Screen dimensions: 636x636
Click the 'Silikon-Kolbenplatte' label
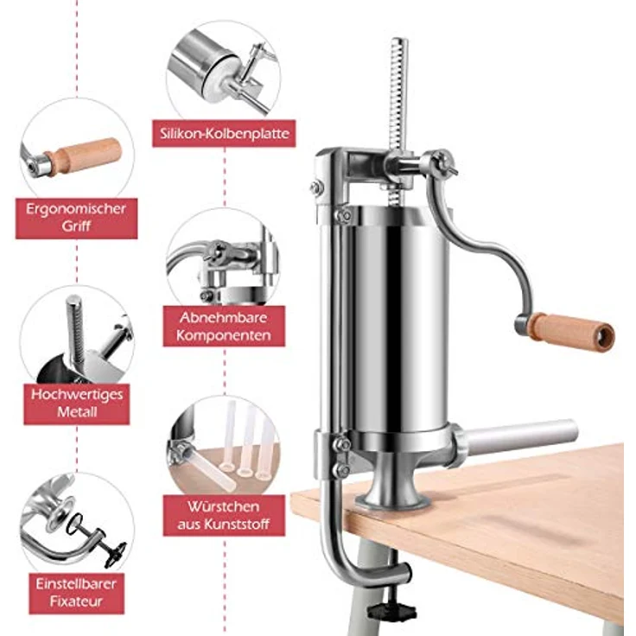point(224,133)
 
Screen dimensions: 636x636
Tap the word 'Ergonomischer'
point(76,209)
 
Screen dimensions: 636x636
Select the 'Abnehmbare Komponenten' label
point(224,326)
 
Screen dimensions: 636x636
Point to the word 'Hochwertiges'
point(77,395)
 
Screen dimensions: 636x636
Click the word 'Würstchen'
point(224,506)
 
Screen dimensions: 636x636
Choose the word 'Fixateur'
point(76,601)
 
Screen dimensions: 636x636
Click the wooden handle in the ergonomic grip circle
point(84,156)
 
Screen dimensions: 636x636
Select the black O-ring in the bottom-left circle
point(74,524)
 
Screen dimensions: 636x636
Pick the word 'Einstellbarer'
point(76,583)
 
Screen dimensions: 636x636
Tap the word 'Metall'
point(77,412)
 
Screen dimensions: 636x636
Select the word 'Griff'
point(76,226)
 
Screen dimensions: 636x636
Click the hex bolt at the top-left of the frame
point(316,187)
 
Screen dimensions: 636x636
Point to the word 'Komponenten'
point(224,335)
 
